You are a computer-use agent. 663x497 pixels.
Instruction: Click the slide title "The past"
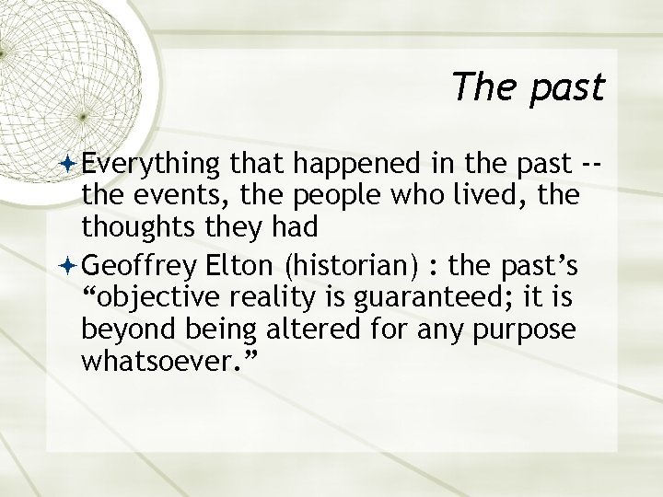click(x=528, y=87)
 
